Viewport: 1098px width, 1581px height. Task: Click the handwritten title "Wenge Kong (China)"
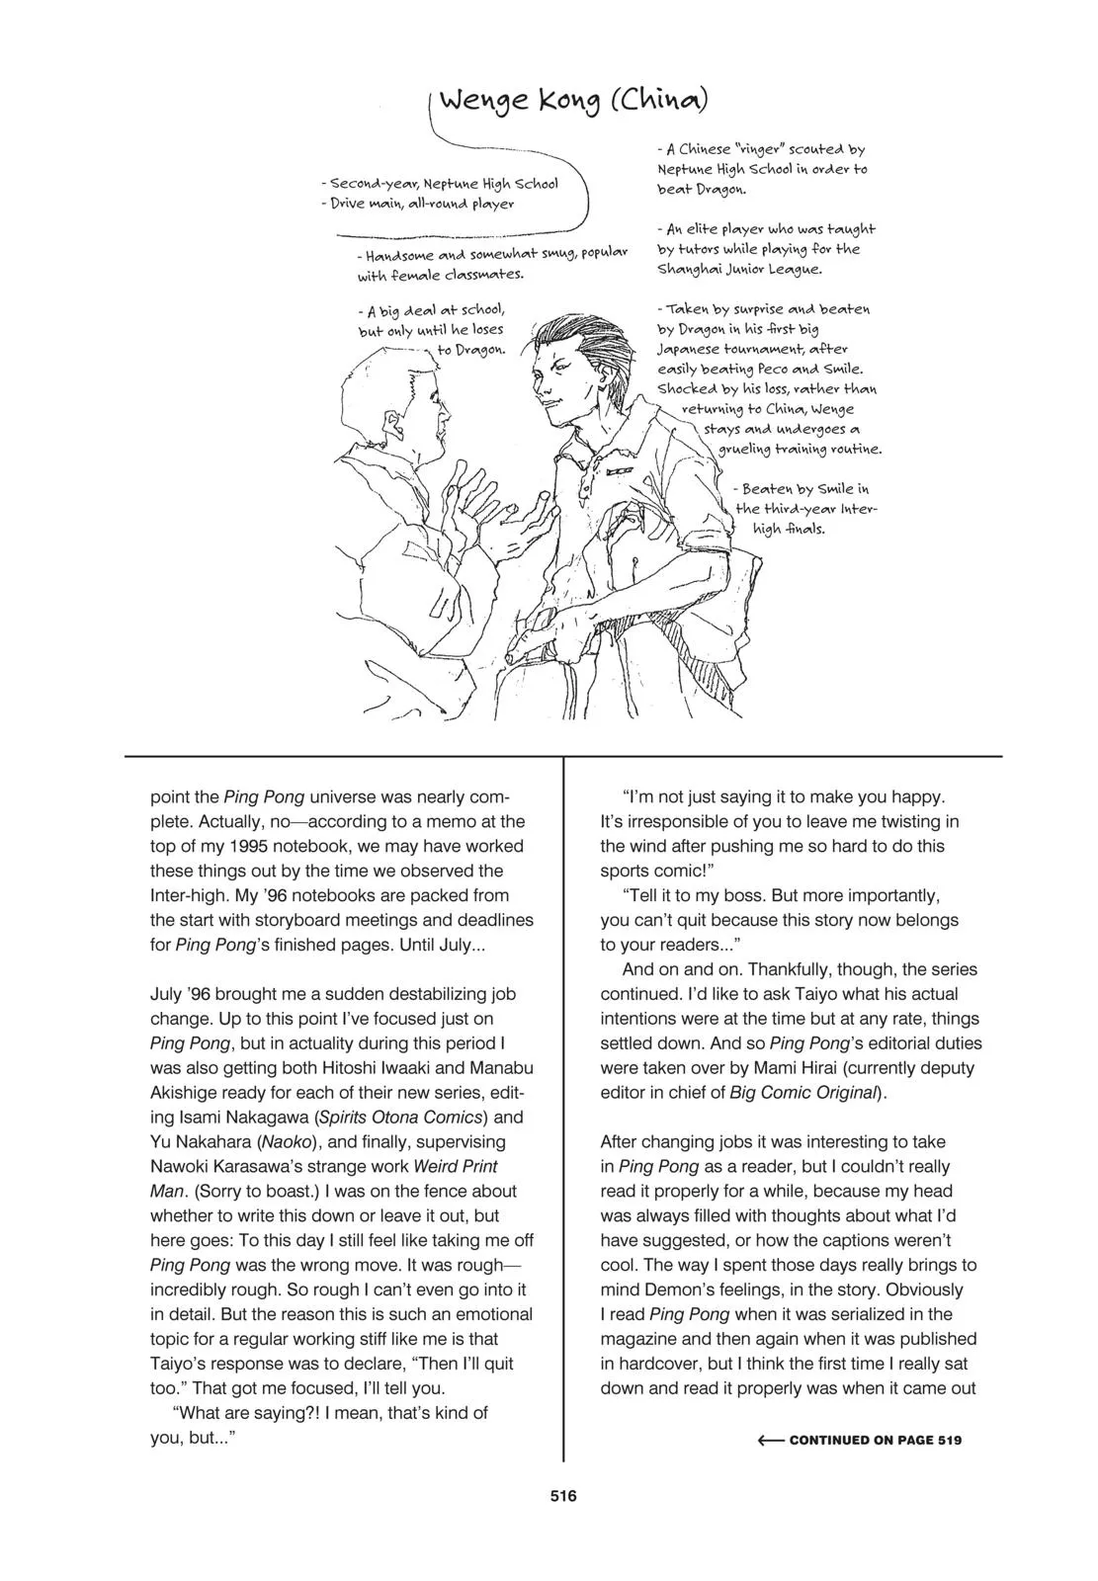[573, 102]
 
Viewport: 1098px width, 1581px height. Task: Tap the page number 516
[563, 1495]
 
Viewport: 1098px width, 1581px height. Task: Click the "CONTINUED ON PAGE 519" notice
[875, 1440]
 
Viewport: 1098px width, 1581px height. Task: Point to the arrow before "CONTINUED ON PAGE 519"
[771, 1440]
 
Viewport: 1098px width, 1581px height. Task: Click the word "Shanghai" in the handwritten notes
[692, 269]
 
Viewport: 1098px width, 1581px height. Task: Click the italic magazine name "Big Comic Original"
[803, 1093]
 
